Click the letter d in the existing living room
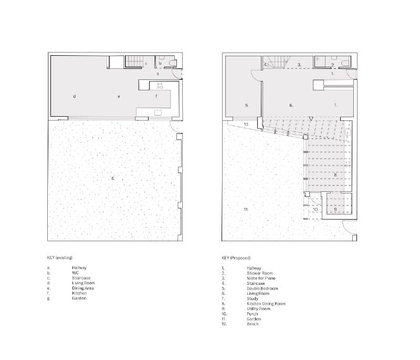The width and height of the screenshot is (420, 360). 75,96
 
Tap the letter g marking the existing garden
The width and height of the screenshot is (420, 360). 113,178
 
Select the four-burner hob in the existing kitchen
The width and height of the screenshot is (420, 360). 160,86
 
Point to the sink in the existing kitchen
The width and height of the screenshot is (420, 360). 158,112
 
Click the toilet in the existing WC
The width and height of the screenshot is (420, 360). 173,63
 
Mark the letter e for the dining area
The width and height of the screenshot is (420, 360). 119,97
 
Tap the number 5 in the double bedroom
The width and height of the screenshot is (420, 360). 247,105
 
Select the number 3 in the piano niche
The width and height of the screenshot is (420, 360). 299,65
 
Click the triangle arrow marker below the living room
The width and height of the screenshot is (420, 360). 311,118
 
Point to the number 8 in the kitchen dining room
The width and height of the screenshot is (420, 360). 335,175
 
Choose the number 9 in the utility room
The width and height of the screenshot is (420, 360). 335,209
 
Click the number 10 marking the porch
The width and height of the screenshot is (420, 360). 316,209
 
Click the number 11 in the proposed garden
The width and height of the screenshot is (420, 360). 246,209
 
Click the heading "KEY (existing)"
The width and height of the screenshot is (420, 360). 60,258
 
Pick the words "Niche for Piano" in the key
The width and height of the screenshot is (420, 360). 261,278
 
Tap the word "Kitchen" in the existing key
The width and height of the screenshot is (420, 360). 79,293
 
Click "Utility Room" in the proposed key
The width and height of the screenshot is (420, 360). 258,309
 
